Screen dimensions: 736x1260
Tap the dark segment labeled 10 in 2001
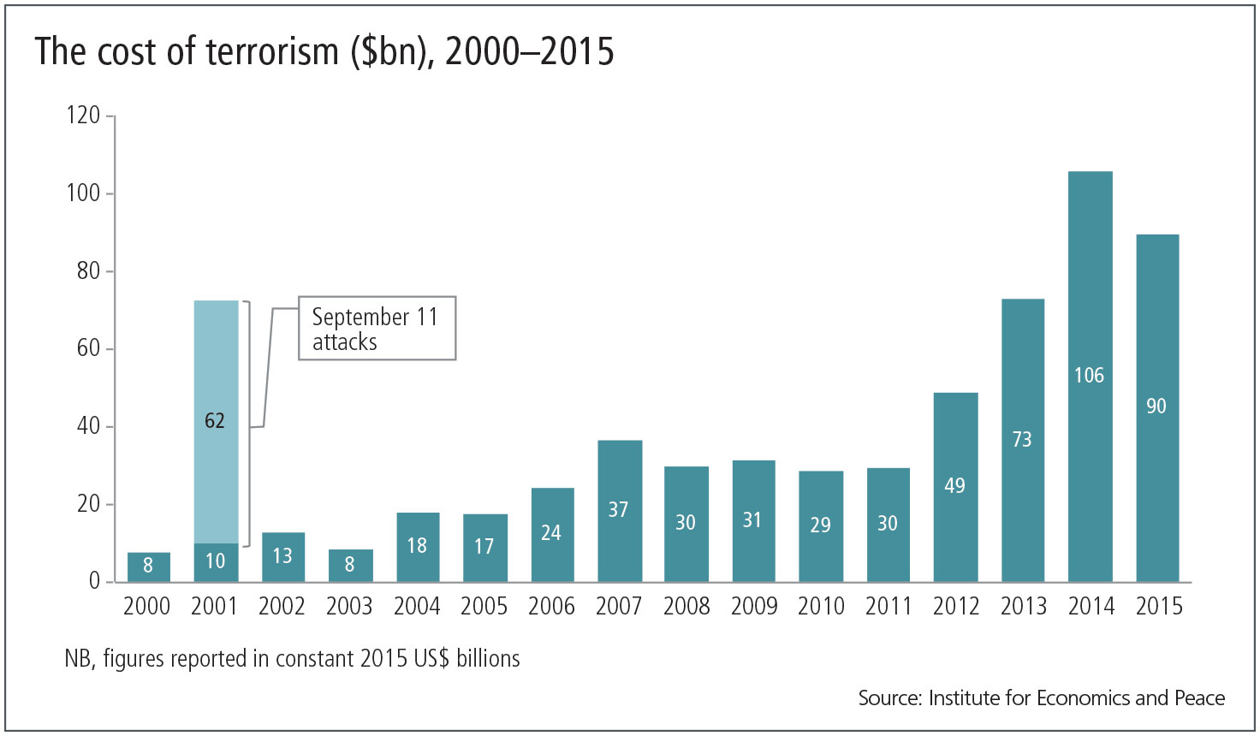pyautogui.click(x=216, y=561)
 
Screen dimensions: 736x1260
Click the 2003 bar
pyautogui.click(x=350, y=565)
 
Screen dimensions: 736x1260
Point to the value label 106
pyautogui.click(x=1089, y=375)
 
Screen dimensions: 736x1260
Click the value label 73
pyautogui.click(x=1022, y=439)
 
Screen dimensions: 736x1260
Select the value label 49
pyautogui.click(x=954, y=485)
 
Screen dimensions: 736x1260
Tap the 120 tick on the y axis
pyautogui.click(x=83, y=115)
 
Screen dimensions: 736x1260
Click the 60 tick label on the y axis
pyautogui.click(x=88, y=348)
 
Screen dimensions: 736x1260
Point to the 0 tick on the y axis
pyautogui.click(x=94, y=581)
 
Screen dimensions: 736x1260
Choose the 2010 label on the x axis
pyautogui.click(x=821, y=606)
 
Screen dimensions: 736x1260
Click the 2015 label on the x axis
pyautogui.click(x=1158, y=606)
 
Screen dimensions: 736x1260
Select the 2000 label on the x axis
pyautogui.click(x=147, y=606)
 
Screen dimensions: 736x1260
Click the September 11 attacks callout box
pyautogui.click(x=376, y=329)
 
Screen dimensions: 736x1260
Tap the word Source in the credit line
pyautogui.click(x=889, y=698)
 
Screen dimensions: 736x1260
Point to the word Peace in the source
pyautogui.click(x=1199, y=698)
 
